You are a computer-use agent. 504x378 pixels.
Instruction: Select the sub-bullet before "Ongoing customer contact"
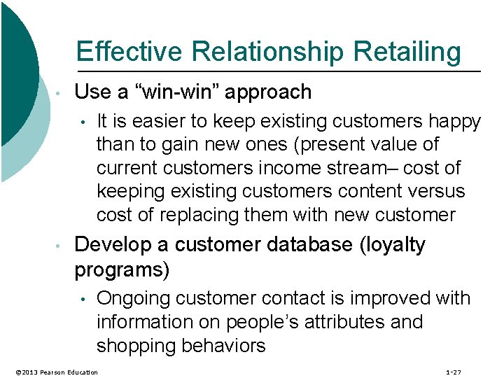pyautogui.click(x=83, y=300)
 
